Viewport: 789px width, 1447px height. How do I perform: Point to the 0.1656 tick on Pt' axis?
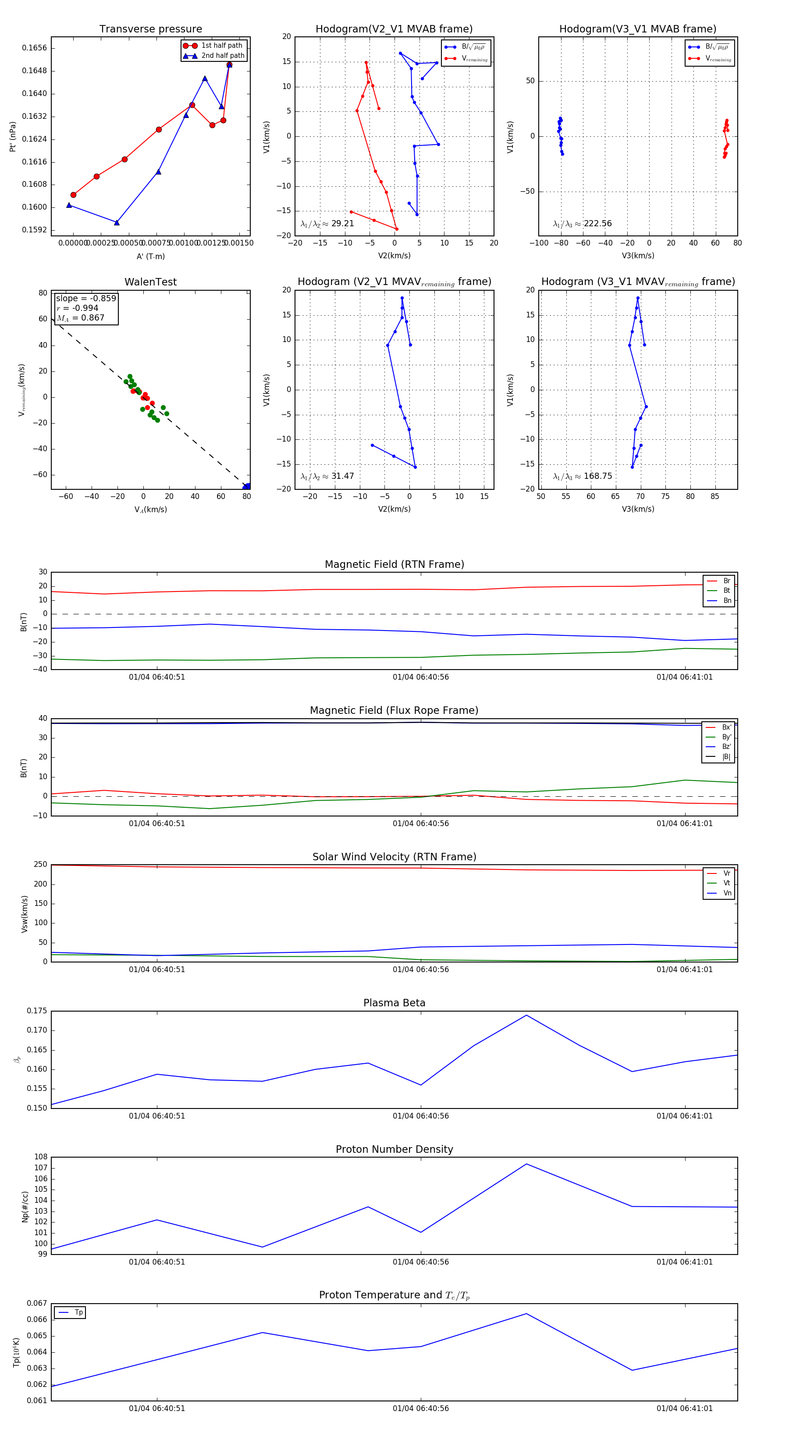tap(34, 48)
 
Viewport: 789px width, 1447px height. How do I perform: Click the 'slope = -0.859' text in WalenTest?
tap(86, 298)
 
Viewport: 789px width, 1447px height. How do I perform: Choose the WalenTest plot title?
tap(150, 282)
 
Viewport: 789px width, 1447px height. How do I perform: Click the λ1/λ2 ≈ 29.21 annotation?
tap(327, 224)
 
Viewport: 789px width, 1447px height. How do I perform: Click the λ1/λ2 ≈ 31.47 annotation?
tap(327, 476)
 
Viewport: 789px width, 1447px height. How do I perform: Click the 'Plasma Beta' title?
tap(394, 1003)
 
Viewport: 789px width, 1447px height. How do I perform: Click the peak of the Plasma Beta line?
tap(526, 1015)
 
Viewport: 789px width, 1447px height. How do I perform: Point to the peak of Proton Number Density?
tap(526, 1163)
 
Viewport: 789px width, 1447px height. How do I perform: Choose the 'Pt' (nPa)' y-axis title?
tap(12, 136)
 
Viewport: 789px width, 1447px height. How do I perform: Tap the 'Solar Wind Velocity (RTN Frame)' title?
tap(394, 857)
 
